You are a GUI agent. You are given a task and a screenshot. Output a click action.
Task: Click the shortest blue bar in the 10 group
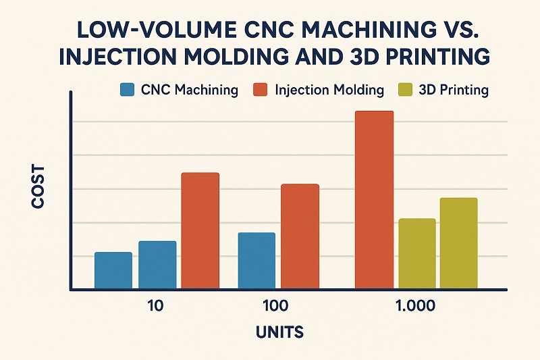(x=113, y=271)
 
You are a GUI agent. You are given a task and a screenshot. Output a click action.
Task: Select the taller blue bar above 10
(x=157, y=265)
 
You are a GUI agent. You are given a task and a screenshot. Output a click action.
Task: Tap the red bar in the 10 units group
(x=200, y=231)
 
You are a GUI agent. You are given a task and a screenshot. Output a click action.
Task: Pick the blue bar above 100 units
(x=256, y=261)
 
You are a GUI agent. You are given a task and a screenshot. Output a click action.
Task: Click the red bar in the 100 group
(x=300, y=236)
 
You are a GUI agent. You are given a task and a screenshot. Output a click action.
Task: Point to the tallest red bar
(x=374, y=200)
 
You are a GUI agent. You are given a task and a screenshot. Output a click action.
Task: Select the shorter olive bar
(x=417, y=254)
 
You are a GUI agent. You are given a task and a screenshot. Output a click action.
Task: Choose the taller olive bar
(x=458, y=243)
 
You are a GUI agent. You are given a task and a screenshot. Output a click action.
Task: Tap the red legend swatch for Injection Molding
(x=262, y=90)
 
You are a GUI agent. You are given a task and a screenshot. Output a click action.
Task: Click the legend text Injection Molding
(x=330, y=90)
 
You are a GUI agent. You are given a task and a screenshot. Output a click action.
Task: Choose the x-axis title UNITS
(x=279, y=332)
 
